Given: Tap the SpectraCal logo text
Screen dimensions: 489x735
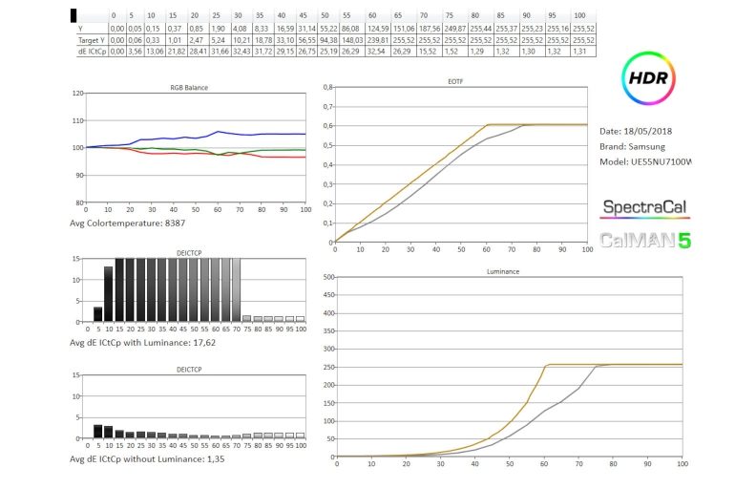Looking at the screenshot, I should click(644, 207).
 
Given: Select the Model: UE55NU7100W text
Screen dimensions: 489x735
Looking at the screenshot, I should click(645, 161).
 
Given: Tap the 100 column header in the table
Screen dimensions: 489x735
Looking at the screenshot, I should click(579, 16).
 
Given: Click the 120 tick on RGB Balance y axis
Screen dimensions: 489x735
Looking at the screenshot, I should click(78, 94).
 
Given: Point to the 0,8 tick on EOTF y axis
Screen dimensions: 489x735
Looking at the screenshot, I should click(326, 87).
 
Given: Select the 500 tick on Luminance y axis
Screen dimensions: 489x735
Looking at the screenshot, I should click(325, 278).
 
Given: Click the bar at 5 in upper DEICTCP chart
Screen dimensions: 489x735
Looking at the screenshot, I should click(97, 313).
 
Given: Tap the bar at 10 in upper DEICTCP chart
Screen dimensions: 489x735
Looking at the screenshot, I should click(108, 293).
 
